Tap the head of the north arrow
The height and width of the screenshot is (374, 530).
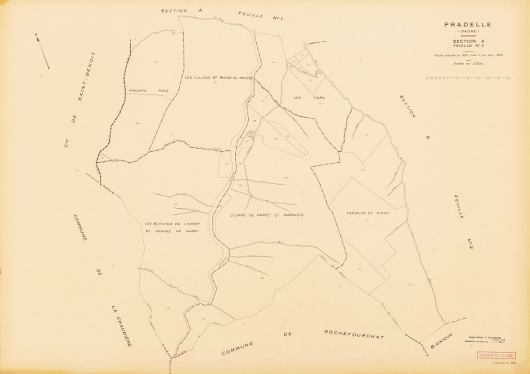coord(36,35)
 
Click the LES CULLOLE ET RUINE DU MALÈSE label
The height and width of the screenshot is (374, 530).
coord(220,77)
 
